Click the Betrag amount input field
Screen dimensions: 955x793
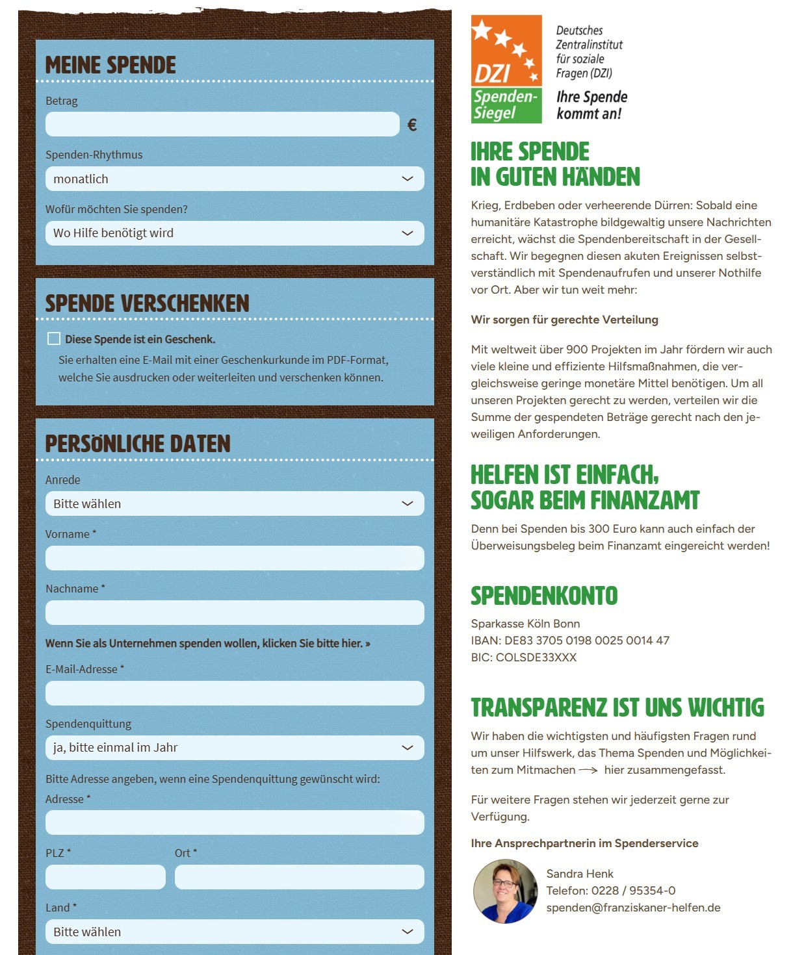[x=222, y=124]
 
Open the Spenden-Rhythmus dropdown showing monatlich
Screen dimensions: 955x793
[x=235, y=179]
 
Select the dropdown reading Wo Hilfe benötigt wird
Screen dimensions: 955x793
[x=235, y=233]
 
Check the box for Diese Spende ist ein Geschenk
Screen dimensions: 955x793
[x=54, y=338]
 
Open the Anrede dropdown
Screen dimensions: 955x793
[x=235, y=503]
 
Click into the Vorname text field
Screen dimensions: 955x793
[x=235, y=558]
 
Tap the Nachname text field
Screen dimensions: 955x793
[x=235, y=613]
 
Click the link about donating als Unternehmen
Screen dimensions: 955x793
[x=207, y=643]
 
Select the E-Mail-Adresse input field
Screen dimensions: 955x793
[x=235, y=693]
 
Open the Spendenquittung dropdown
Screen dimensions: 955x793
[x=235, y=748]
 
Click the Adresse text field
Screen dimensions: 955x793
[x=235, y=822]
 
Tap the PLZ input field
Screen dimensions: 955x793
[x=105, y=877]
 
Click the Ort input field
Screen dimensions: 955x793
[x=299, y=877]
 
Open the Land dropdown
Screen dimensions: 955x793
[x=235, y=932]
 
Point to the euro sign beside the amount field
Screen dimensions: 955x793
[x=412, y=125]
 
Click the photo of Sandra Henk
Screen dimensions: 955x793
[x=504, y=891]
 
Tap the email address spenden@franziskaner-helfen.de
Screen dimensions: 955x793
[x=633, y=908]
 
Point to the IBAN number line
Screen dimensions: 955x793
[x=570, y=641]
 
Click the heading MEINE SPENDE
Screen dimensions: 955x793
[x=110, y=65]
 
